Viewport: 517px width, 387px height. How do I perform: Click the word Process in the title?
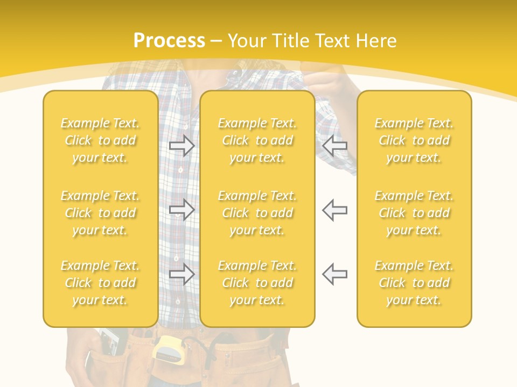tap(169, 41)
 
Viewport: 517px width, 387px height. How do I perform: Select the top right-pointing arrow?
tap(182, 146)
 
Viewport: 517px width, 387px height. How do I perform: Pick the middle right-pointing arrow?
tap(182, 209)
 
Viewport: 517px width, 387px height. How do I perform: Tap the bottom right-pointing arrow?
tap(182, 274)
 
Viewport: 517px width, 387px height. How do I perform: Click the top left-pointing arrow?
tap(334, 146)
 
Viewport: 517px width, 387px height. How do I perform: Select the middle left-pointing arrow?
tap(334, 209)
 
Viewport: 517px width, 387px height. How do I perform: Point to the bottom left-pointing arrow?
tap(334, 274)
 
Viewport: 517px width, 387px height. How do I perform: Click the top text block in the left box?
tap(100, 140)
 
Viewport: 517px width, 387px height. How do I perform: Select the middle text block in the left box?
tap(100, 213)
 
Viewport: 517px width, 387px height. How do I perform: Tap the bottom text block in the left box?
tap(100, 283)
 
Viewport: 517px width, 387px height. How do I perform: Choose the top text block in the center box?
tap(257, 140)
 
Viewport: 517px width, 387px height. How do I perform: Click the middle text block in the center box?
tap(257, 213)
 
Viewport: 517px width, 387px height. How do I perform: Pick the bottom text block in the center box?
tap(257, 283)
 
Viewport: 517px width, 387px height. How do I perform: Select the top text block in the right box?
tap(414, 140)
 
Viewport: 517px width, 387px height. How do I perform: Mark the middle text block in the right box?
tap(414, 213)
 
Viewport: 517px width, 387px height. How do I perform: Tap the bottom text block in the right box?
tap(414, 283)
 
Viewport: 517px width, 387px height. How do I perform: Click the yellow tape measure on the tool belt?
tap(169, 349)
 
